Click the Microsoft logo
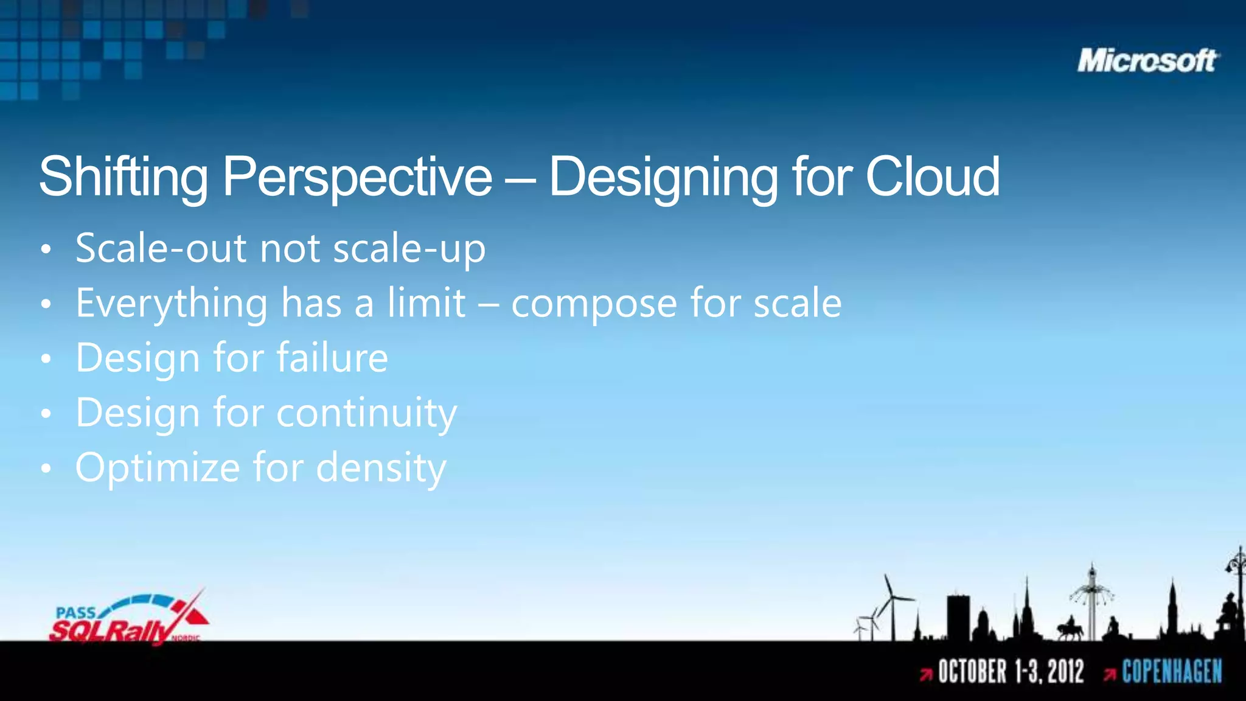1147,61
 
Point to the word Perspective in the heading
357,178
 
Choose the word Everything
172,304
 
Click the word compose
594,304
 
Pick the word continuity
366,413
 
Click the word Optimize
158,468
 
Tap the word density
381,469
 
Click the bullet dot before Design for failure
46,359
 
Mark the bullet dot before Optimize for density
46,469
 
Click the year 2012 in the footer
1065,672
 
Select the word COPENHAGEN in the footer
1172,672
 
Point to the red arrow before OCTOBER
926,674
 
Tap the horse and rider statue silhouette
1070,628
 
